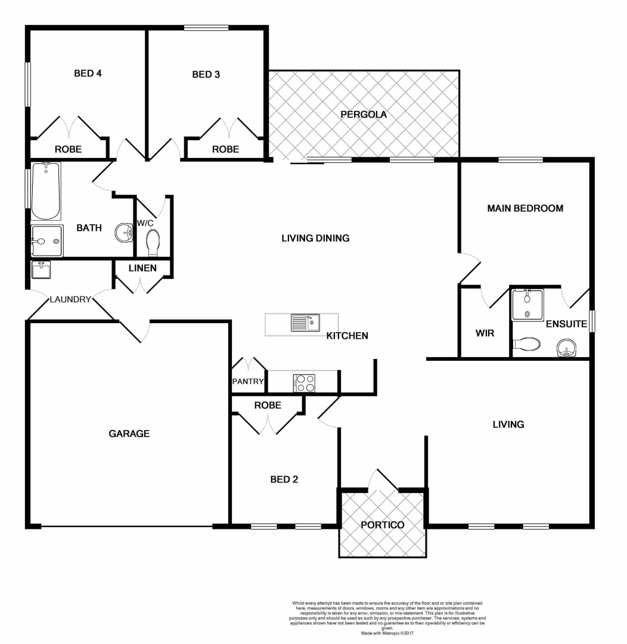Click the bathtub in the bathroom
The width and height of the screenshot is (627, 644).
tap(45, 191)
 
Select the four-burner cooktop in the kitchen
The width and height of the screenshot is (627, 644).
tap(305, 383)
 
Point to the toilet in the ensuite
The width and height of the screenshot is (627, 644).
tap(527, 344)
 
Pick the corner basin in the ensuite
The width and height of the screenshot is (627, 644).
tap(566, 348)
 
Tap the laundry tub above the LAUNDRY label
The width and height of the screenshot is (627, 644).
tap(41, 270)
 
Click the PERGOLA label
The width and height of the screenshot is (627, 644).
tap(364, 114)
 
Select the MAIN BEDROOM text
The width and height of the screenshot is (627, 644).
tap(525, 208)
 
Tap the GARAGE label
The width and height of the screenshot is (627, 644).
tap(129, 434)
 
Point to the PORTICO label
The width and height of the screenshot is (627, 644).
tap(383, 525)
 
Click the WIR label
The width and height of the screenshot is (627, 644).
tap(485, 333)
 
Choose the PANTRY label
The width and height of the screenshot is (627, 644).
tap(248, 382)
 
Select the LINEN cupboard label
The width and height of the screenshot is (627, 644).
tap(142, 268)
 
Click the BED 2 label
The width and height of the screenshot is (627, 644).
tap(284, 479)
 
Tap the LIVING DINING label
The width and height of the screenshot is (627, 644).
tap(315, 238)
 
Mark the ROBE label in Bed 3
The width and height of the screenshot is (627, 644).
tap(225, 149)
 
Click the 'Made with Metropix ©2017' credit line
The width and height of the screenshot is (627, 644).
tap(387, 633)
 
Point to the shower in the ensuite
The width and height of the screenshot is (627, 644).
tap(527, 304)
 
